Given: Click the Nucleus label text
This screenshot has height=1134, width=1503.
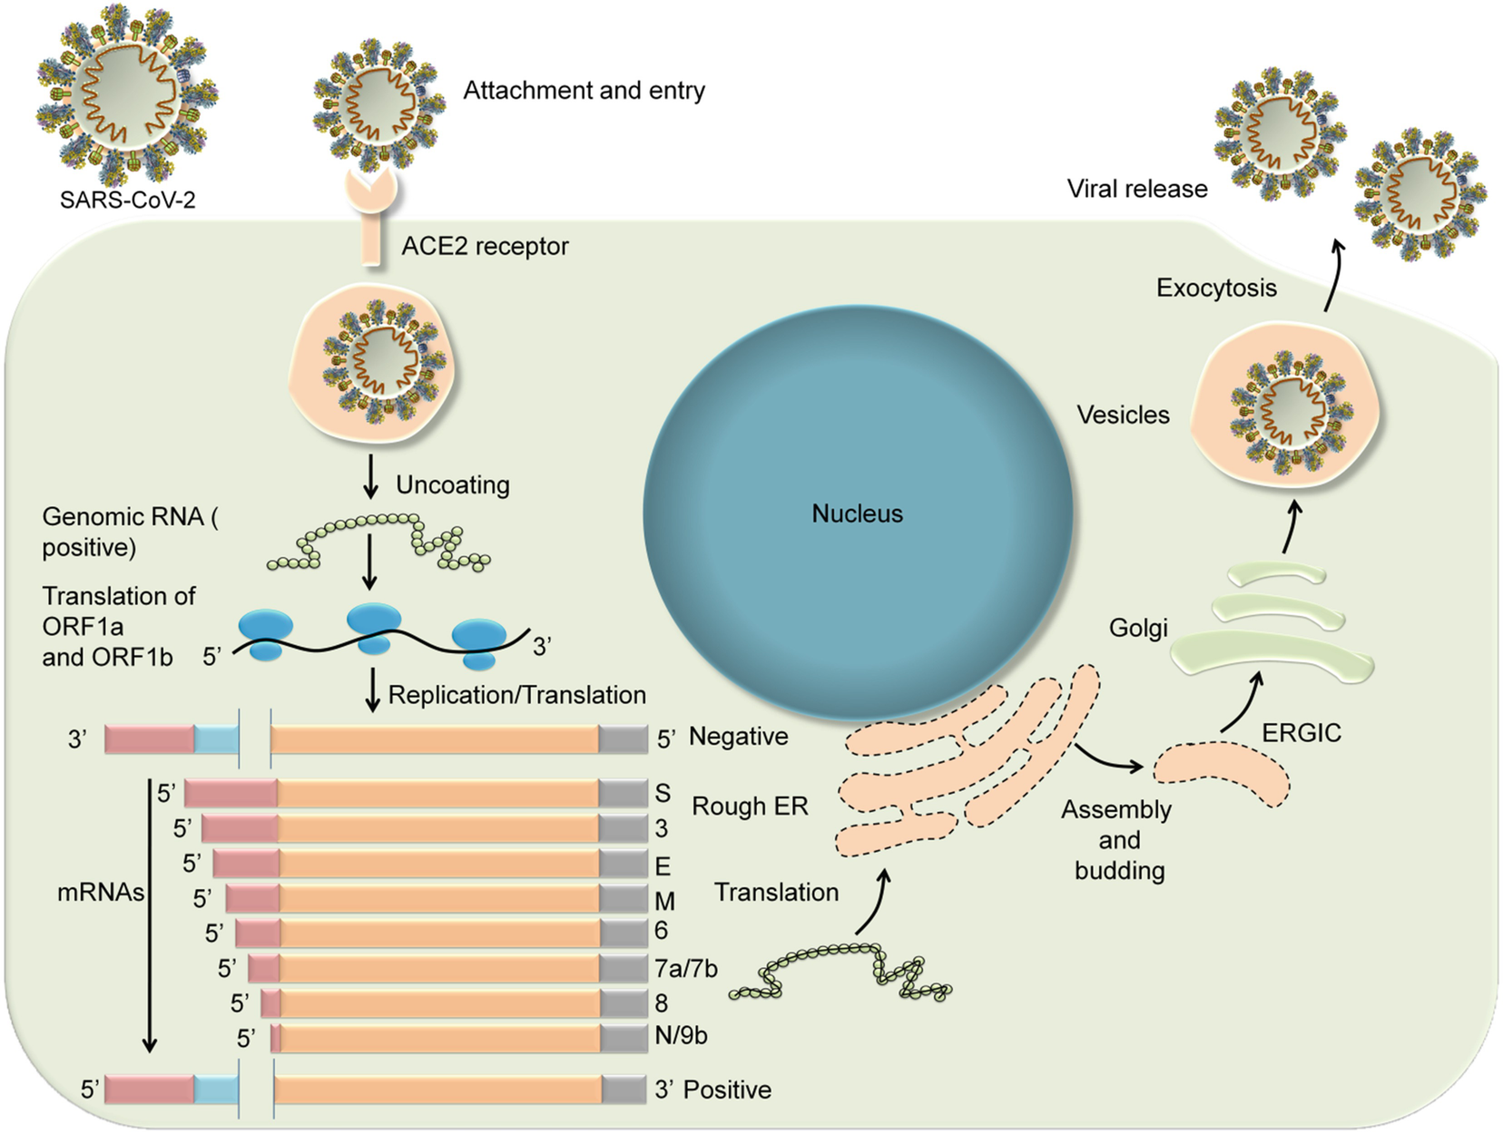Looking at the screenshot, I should point(857,513).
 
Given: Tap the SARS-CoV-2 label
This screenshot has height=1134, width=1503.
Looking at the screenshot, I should point(127,200).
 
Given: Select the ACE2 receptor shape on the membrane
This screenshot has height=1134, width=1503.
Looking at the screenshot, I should point(371,218).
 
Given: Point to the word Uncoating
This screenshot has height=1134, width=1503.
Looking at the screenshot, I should point(452,484).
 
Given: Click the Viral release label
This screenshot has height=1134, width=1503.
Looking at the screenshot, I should point(1137,189).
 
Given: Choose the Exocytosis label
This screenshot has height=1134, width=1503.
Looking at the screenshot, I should point(1216,288).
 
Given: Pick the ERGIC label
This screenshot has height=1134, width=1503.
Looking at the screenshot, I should point(1301,733).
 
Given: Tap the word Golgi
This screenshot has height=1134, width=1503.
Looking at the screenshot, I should point(1138,628).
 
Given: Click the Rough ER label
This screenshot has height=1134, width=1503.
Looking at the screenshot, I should point(750,806).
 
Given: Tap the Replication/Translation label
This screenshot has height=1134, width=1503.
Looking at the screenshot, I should point(516,695).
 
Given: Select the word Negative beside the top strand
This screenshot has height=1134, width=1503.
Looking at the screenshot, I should point(738,737).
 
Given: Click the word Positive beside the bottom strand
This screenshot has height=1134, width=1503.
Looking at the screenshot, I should point(727,1090).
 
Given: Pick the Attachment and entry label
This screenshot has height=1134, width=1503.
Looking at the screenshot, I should point(584,91).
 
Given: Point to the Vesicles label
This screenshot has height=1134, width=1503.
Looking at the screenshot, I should point(1123,415).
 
